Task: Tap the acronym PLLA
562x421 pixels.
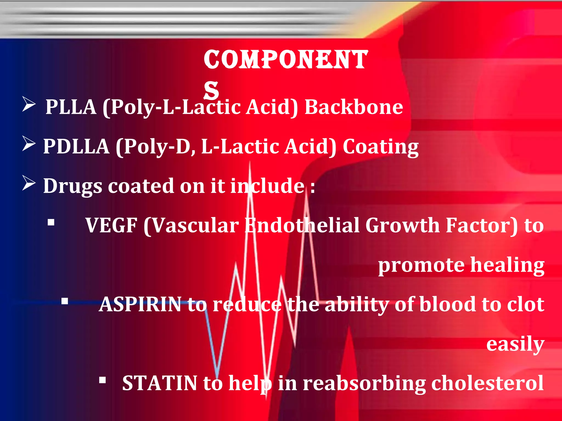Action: (71, 107)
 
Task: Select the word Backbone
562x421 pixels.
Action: (354, 107)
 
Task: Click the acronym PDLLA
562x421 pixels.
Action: (76, 146)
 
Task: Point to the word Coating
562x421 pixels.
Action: (381, 147)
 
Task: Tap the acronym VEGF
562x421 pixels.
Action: (111, 225)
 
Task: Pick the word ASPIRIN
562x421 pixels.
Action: (140, 305)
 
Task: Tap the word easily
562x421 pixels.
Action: (515, 344)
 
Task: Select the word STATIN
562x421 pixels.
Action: (159, 383)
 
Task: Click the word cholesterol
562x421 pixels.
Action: (487, 383)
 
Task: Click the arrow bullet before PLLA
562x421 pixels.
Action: (29, 104)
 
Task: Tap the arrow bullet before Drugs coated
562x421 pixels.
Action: (29, 183)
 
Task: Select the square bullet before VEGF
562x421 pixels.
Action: (51, 222)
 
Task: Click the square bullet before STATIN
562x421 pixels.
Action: (103, 380)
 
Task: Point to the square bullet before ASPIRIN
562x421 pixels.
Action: (65, 301)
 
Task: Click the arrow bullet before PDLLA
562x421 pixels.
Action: (29, 144)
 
